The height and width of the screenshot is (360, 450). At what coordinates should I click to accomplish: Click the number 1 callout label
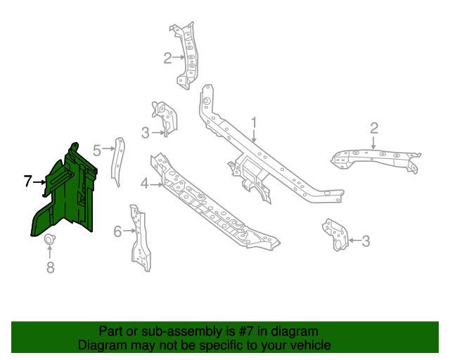[x=255, y=123]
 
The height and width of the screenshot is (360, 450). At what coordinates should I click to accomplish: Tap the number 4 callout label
[x=144, y=184]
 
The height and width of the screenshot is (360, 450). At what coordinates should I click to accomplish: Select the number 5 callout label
[x=98, y=148]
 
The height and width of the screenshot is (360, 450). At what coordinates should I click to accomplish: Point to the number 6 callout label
[x=118, y=230]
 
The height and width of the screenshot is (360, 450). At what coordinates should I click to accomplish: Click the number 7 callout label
[x=28, y=181]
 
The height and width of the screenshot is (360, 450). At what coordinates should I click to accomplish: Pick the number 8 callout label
[x=50, y=266]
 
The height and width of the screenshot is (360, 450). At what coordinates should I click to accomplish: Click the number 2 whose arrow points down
[x=374, y=128]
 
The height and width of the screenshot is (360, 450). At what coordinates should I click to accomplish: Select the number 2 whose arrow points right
[x=167, y=58]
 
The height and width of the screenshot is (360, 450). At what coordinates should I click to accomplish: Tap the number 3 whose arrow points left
[x=366, y=242]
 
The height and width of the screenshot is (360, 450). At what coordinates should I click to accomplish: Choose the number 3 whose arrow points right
[x=145, y=132]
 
